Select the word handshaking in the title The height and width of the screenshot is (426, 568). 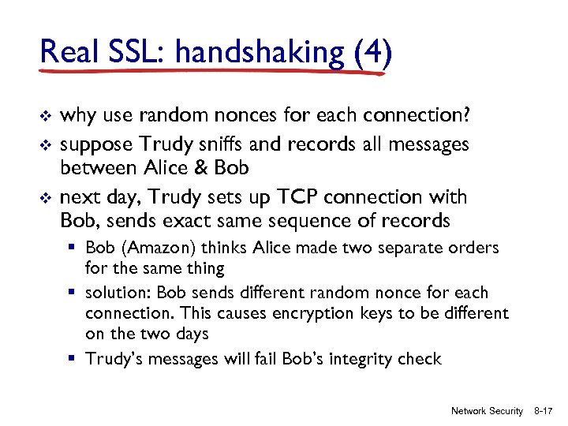click(260, 53)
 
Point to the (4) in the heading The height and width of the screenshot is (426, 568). click(371, 53)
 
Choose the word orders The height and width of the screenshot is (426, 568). click(472, 248)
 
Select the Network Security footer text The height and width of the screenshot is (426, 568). click(486, 411)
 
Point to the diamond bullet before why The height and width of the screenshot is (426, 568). click(44, 118)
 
